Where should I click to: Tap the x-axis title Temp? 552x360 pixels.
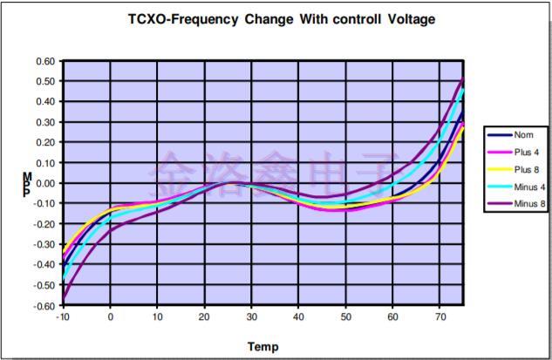pyautogui.click(x=262, y=346)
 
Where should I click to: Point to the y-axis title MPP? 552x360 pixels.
pyautogui.click(x=27, y=184)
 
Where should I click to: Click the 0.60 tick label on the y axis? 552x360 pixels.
pyautogui.click(x=44, y=61)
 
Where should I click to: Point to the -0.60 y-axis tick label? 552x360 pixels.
pyautogui.click(x=43, y=306)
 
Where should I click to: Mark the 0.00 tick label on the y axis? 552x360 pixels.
pyautogui.click(x=44, y=183)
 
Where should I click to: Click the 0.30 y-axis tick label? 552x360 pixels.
pyautogui.click(x=44, y=122)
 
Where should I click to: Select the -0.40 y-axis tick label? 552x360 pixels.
pyautogui.click(x=43, y=265)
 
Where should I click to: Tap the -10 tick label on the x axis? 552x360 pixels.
pyautogui.click(x=62, y=317)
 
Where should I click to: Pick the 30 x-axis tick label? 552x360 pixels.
pyautogui.click(x=250, y=317)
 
